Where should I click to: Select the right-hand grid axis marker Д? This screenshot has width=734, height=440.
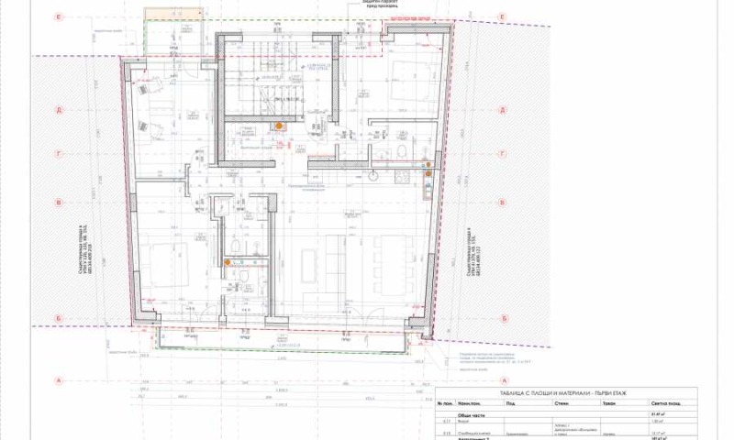pyautogui.click(x=502, y=110)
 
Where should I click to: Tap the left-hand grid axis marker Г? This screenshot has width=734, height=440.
pyautogui.click(x=58, y=155)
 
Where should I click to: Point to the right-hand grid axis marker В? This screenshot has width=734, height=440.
pyautogui.click(x=502, y=203)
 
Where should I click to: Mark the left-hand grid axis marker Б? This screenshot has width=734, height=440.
pyautogui.click(x=58, y=318)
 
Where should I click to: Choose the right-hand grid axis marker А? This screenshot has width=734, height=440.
pyautogui.click(x=502, y=380)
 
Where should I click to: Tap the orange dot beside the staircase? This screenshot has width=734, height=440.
pyautogui.click(x=279, y=126)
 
